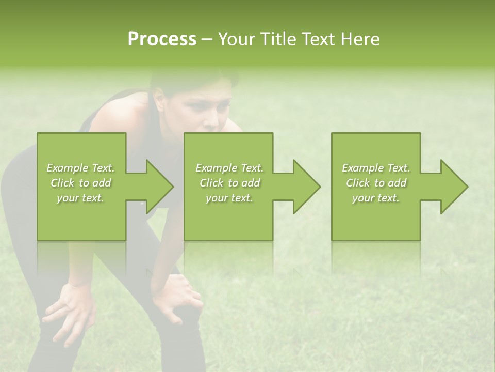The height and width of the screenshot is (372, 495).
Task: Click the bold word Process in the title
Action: (x=162, y=39)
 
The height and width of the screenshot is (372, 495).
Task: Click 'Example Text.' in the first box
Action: (x=80, y=168)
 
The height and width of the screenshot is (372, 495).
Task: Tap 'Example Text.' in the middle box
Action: (x=229, y=168)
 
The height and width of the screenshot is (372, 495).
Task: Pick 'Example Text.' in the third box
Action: (x=376, y=168)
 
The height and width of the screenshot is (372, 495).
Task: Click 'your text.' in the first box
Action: (x=80, y=198)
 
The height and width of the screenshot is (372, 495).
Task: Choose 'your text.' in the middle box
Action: (x=229, y=198)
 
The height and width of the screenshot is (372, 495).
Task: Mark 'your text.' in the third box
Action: (x=376, y=198)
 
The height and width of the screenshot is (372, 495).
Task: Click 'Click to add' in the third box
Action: (x=376, y=183)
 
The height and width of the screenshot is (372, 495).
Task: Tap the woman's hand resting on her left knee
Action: (x=70, y=310)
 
